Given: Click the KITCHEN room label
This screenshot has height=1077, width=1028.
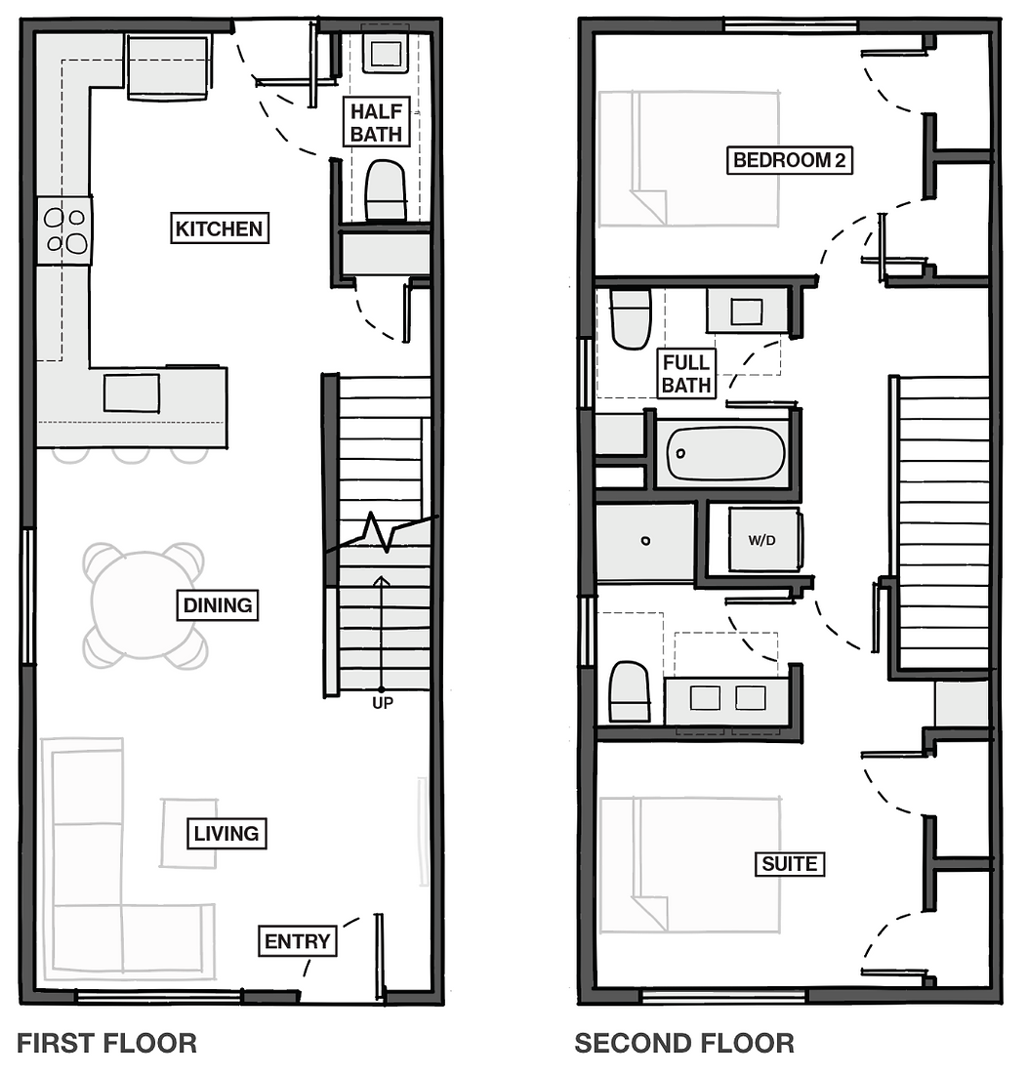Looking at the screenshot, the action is click(219, 228).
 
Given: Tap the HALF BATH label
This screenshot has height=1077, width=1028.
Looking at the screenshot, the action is click(376, 122).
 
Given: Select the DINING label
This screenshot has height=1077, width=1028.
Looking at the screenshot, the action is click(218, 605).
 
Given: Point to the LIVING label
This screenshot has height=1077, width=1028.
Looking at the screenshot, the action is click(226, 833).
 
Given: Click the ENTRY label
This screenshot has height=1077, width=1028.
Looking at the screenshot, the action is click(298, 941).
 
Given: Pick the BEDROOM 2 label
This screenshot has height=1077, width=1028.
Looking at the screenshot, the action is click(789, 160).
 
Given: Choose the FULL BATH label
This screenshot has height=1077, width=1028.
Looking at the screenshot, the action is click(686, 374).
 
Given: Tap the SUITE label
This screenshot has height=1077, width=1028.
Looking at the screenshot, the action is click(790, 863).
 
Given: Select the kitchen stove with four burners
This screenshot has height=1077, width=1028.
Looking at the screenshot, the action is click(65, 230).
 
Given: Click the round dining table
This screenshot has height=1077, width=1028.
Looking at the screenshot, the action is click(144, 605).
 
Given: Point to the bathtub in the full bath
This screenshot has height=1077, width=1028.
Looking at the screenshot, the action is click(726, 453).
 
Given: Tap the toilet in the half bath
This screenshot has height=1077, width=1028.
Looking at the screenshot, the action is click(385, 191).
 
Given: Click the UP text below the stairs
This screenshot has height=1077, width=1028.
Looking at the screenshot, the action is click(383, 703).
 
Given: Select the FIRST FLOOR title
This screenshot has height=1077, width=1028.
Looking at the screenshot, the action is click(106, 1043).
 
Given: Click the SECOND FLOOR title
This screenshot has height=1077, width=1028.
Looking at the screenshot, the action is click(684, 1043).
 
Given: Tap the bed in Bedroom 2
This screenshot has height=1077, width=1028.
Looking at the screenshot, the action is click(689, 158).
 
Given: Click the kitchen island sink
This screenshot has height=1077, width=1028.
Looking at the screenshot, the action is click(132, 393).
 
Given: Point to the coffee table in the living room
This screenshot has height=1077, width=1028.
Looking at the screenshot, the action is click(189, 833).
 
